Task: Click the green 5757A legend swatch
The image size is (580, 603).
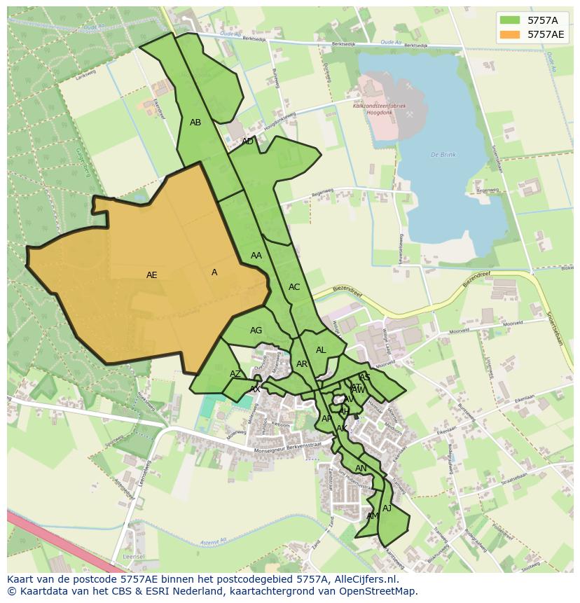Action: point(509,20)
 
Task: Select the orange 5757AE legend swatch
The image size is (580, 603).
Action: point(509,34)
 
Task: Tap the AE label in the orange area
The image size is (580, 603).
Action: point(152,275)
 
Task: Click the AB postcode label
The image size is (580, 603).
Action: point(195,123)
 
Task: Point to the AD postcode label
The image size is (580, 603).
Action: point(247,141)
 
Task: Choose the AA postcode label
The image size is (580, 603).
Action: point(256,256)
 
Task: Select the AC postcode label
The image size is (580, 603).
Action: point(294,287)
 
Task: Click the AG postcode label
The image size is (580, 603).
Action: point(256,331)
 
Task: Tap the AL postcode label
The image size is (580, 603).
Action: point(321,350)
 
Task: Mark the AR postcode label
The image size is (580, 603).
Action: point(302,364)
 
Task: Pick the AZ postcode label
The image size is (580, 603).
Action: point(235,374)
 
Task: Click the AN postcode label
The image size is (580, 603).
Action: point(361,469)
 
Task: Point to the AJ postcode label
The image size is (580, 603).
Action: point(387,508)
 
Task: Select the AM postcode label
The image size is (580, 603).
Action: point(373,516)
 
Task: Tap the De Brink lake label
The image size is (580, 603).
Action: point(443,154)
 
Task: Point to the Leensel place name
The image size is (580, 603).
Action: point(133,557)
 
